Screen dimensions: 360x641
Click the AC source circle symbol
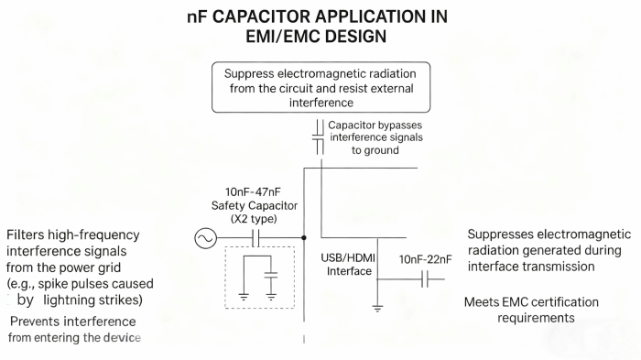tap(202, 238)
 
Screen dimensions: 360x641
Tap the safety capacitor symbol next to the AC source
tap(257, 238)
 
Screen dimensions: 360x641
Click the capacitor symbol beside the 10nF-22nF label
tap(426, 279)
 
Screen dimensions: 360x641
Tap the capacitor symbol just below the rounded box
tap(318, 137)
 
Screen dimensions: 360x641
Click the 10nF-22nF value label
tap(427, 260)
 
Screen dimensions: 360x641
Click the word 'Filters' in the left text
tap(26, 235)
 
